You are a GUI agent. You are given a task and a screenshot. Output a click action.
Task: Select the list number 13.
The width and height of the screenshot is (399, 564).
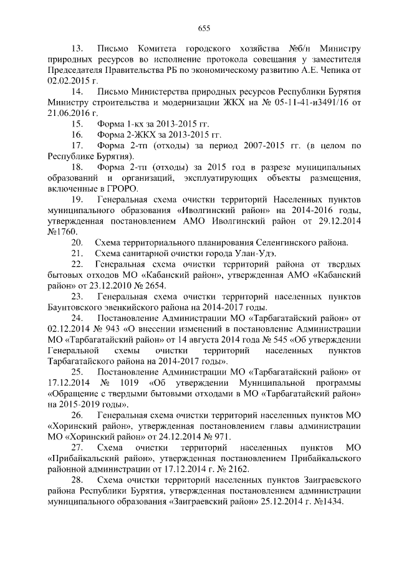click(x=78, y=48)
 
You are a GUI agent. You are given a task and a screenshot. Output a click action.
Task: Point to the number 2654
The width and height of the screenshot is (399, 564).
click(x=154, y=285)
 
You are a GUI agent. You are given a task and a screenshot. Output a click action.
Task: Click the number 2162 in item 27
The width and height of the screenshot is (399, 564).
click(x=236, y=469)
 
